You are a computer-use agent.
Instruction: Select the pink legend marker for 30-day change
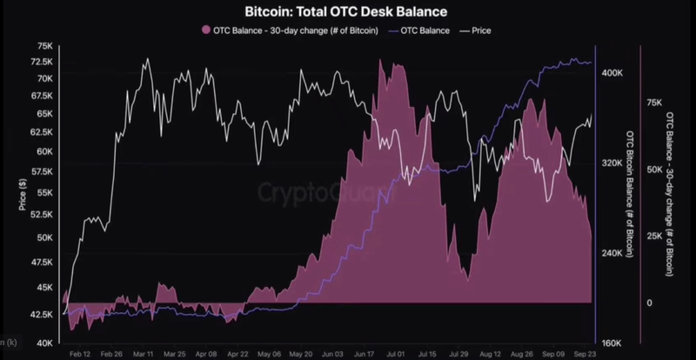pyautogui.click(x=205, y=30)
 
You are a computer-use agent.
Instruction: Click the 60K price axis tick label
pyautogui.click(x=40, y=151)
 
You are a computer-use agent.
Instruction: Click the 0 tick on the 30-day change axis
pyautogui.click(x=648, y=303)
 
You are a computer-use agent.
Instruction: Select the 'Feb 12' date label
pyautogui.click(x=80, y=355)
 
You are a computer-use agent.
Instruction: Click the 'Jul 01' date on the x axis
pyautogui.click(x=396, y=355)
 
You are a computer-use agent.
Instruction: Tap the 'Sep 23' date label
pyautogui.click(x=584, y=355)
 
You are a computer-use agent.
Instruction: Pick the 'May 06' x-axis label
pyautogui.click(x=270, y=355)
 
